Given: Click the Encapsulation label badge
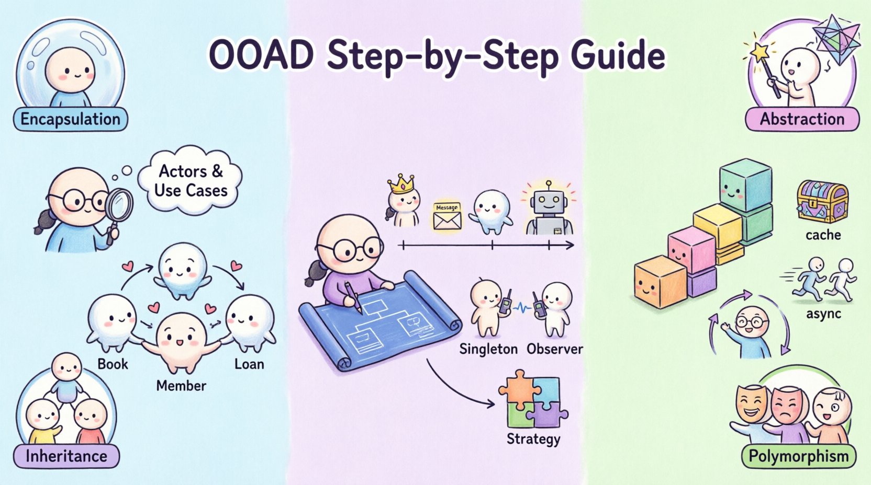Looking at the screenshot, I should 70,119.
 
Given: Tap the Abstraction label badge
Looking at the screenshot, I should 801,119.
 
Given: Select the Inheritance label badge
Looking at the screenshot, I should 66,456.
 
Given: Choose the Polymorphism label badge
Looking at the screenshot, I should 798,456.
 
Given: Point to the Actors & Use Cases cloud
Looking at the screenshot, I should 191,181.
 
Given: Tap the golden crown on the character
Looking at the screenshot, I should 400,184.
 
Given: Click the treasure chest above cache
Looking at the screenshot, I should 822,201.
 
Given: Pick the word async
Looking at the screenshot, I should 823,314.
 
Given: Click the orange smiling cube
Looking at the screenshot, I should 660,282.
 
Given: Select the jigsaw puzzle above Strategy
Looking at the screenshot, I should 532,398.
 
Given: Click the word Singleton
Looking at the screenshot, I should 488,349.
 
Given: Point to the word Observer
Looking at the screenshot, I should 554,349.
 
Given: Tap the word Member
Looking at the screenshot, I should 181,386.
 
